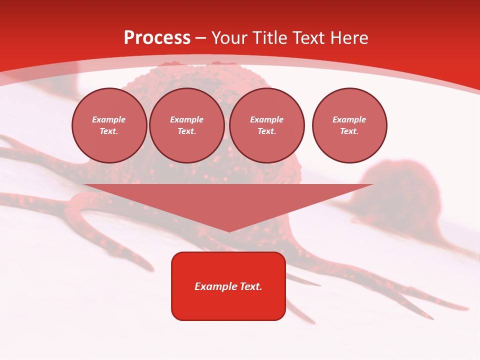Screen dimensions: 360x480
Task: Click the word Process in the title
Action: (157, 38)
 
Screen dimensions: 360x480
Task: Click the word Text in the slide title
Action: (309, 38)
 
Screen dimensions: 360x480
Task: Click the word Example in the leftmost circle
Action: (109, 119)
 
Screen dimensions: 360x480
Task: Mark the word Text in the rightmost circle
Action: (349, 131)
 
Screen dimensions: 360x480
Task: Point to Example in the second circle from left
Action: (187, 119)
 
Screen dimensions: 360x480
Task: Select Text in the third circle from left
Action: (266, 131)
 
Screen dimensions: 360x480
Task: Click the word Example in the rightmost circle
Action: (349, 119)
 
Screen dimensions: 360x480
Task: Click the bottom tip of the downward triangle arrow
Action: (229, 231)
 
